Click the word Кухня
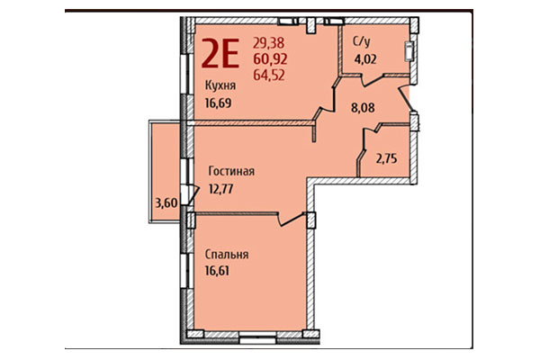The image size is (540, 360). pyautogui.click(x=221, y=86)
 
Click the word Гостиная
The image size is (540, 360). pyautogui.click(x=232, y=171)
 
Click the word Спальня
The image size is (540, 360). pyautogui.click(x=227, y=255)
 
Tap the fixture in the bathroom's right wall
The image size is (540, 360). pyautogui.click(x=410, y=51)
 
